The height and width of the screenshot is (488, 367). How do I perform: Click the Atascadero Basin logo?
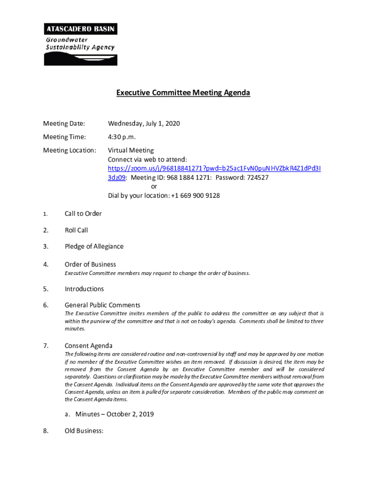point(81,44)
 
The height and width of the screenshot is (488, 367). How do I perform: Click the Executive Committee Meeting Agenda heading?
point(183,93)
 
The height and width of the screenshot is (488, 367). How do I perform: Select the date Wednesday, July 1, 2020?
point(144,124)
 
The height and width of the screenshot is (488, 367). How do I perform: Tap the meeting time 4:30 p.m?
point(122,137)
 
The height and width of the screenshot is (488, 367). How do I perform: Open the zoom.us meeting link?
point(214,169)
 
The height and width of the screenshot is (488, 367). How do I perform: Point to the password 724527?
point(258,178)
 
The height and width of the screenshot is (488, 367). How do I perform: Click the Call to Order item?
point(83,214)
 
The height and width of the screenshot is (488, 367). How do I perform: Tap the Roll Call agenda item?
point(76,230)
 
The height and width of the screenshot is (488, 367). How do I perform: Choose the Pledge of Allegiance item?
point(94,246)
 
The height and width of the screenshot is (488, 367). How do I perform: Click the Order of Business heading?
point(90,264)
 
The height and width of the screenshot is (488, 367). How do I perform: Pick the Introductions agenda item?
point(84,289)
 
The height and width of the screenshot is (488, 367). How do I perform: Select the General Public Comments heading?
point(102,305)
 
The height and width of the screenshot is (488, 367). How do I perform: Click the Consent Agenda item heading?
point(88,346)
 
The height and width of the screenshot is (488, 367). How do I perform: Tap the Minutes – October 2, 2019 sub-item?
point(114,414)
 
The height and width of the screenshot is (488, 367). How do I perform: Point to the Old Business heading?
point(84,431)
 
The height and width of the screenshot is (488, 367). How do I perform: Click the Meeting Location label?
point(70,151)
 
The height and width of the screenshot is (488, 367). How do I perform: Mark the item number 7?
point(46,346)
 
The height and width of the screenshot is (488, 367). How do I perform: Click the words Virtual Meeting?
point(131,151)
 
